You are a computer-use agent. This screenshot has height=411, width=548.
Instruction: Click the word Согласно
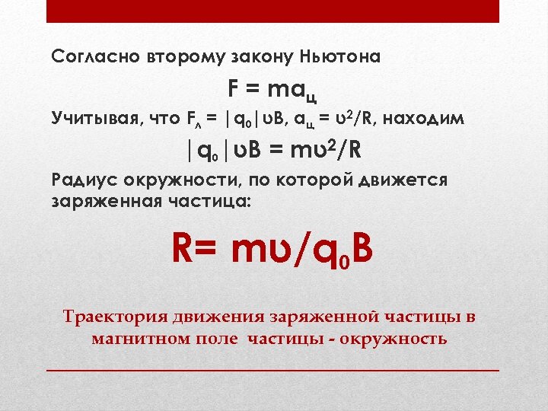87,56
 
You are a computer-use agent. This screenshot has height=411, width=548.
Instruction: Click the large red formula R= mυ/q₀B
272,249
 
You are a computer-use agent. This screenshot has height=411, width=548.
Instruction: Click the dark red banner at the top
272,11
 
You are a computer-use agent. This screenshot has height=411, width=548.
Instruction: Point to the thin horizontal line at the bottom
272,369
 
